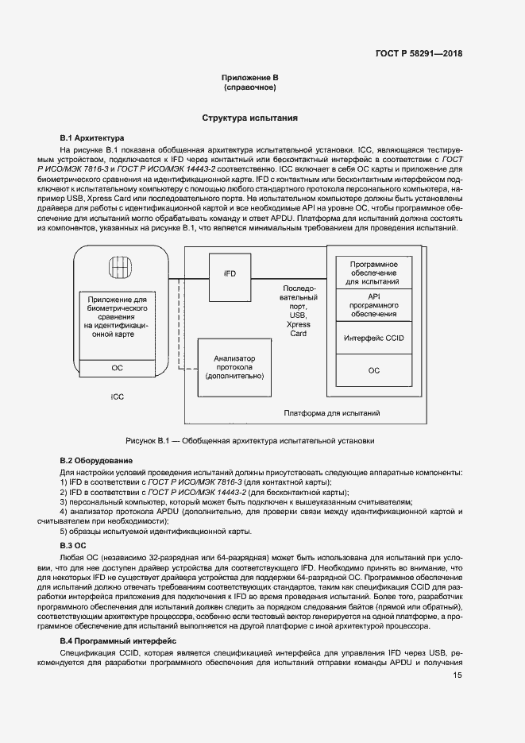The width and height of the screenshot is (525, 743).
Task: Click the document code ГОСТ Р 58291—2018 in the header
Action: pyautogui.click(x=419, y=54)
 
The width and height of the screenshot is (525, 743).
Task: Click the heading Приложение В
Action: pyautogui.click(x=249, y=77)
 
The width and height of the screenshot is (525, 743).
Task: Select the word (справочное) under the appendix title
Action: pyautogui.click(x=249, y=87)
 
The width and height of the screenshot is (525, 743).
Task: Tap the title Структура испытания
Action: pyautogui.click(x=249, y=118)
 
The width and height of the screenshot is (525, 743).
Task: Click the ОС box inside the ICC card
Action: pyautogui.click(x=117, y=369)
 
